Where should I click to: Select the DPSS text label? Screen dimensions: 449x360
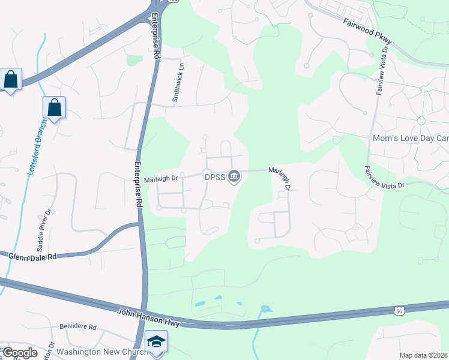click(x=216, y=176)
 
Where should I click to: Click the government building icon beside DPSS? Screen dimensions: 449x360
click(x=235, y=176)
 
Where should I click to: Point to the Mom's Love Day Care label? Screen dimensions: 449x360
click(x=411, y=139)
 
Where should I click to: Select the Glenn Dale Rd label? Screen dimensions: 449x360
click(x=32, y=256)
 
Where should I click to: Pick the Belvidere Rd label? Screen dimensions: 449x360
click(x=77, y=327)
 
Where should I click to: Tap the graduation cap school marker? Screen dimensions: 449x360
click(x=157, y=341)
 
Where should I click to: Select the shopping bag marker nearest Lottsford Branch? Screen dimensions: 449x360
click(x=54, y=107)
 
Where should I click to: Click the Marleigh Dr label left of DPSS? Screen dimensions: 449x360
click(x=161, y=179)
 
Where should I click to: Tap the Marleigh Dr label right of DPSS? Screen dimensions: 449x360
click(x=280, y=179)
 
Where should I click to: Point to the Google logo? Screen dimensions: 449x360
click(x=20, y=353)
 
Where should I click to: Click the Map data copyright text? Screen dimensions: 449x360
click(x=423, y=355)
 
